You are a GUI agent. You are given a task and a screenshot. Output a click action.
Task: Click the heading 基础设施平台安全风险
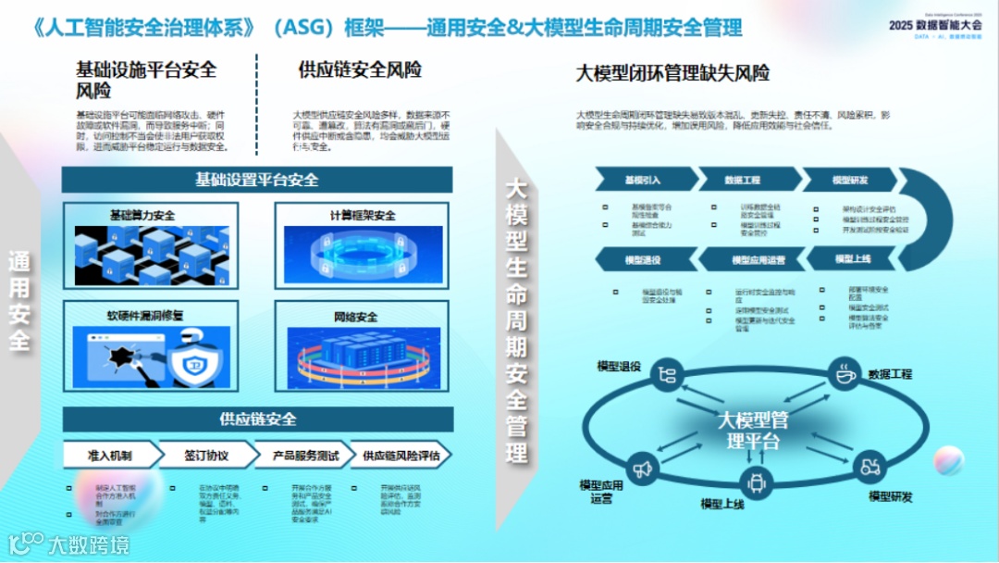point(146,80)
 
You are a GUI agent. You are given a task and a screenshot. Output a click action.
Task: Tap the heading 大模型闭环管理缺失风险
point(672,73)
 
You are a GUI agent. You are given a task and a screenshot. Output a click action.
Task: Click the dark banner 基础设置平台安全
point(257,180)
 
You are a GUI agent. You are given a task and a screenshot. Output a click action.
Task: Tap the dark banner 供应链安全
point(257,419)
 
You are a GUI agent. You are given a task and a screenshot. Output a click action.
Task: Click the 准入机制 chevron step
point(110,456)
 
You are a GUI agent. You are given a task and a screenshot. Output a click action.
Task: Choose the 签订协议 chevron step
point(205,456)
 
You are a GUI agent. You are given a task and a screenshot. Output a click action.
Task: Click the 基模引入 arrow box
point(644,180)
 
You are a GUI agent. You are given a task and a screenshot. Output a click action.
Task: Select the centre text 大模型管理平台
point(753,430)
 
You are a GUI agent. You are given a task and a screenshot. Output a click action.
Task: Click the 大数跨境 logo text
point(89,543)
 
